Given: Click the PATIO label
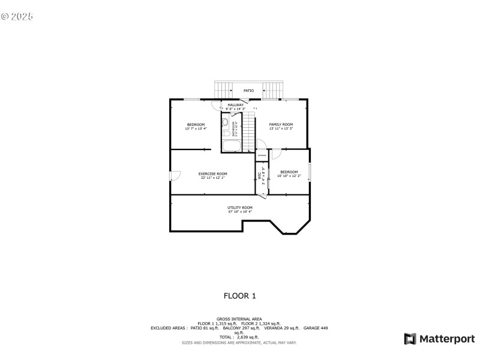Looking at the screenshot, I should pos(248,91).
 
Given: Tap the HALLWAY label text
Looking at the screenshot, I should pos(235,105).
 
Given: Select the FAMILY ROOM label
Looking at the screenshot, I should pos(281,124).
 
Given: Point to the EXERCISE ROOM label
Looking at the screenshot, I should pos(213,173).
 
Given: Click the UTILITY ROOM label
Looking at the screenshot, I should pos(239,208).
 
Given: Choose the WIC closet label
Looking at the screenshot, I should pos(260,176).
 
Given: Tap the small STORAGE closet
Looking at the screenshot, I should pos(262,155).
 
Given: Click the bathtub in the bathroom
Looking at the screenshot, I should pos(230,146).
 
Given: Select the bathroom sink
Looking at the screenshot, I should pos(224,122).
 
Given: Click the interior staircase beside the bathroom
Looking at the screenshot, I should pos(248,132).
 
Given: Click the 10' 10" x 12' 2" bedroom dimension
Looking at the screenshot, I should pos(289,176).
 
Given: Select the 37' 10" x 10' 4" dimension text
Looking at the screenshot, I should pos(239,212).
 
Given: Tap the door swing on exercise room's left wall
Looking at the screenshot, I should pos(175,175).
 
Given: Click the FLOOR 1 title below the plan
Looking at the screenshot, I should pos(239,296).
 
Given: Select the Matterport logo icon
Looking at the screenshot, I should pos(410,339).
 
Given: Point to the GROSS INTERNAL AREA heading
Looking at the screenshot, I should pos(239,319).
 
